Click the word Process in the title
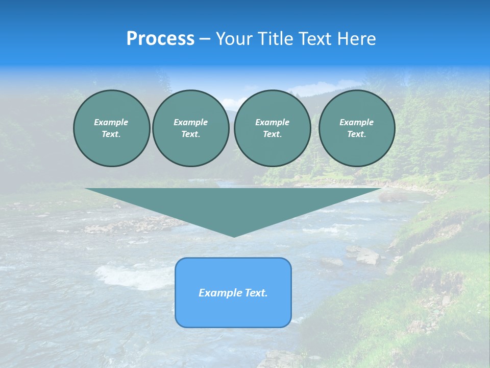[160, 39]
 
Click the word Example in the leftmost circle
[111, 122]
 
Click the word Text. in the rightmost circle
[356, 134]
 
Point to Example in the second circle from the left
[190, 122]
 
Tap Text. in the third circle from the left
[272, 134]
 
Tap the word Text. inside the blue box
[256, 293]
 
